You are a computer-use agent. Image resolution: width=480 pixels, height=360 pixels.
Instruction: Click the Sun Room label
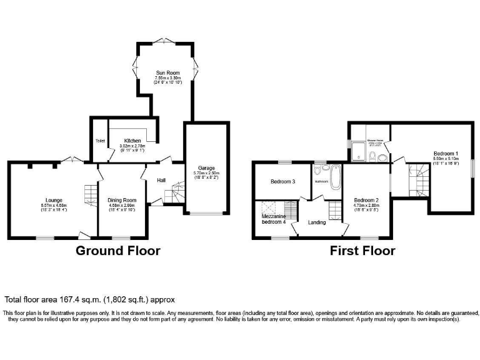[164, 73]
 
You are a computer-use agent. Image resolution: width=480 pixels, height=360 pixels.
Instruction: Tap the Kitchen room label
[132, 141]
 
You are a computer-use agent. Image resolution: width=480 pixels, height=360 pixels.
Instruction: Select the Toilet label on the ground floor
[100, 141]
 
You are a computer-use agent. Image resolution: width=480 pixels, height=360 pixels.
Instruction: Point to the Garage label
[206, 167]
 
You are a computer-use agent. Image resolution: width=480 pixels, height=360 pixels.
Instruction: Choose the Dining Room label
[122, 200]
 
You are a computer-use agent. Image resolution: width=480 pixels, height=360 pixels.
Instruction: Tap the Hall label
[161, 180]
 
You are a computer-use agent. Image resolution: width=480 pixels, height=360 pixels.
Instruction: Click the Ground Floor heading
[118, 251]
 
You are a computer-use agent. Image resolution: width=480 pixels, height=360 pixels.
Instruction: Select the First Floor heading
[362, 251]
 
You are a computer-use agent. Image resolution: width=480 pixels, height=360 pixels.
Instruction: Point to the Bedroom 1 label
[447, 153]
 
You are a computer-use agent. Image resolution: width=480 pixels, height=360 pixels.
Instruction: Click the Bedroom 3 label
[282, 182]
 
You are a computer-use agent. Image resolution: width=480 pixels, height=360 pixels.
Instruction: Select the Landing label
[317, 222]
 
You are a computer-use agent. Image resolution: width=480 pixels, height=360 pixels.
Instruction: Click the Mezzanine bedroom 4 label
[273, 218]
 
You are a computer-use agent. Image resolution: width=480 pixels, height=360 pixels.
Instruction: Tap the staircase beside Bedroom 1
[415, 177]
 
